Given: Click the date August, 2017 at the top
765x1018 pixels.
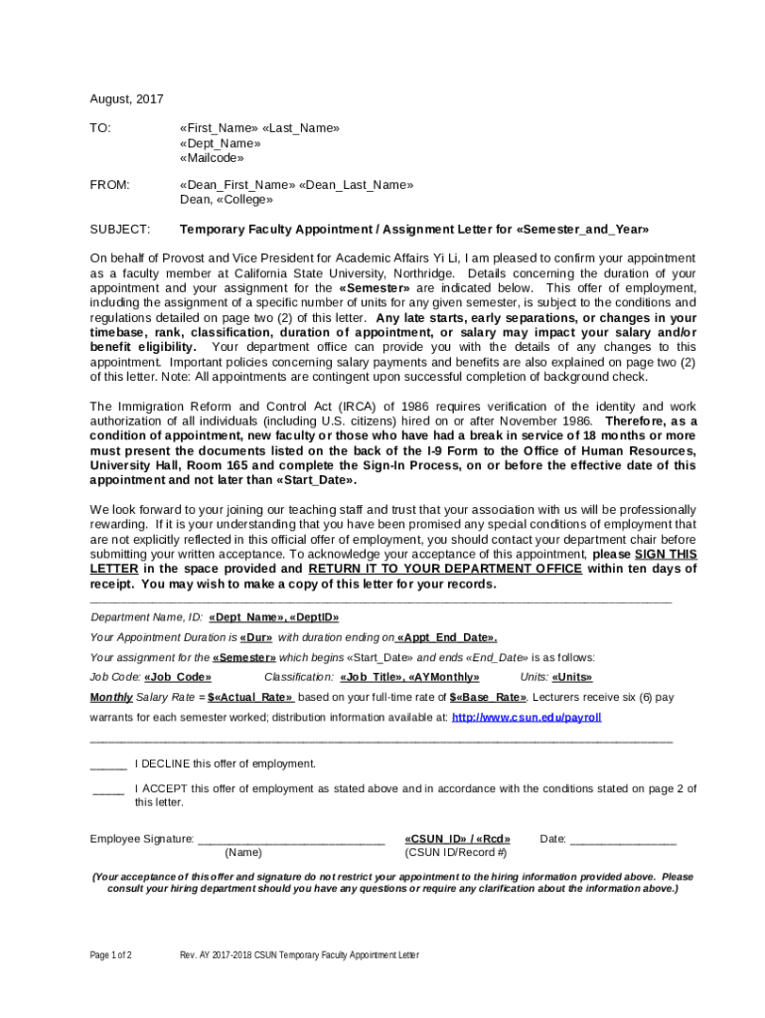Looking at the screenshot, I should pyautogui.click(x=127, y=99).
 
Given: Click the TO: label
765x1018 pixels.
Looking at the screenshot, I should pyautogui.click(x=100, y=128).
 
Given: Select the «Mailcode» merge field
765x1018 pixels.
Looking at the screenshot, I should pyautogui.click(x=212, y=157).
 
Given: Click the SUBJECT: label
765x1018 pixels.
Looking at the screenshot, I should pyautogui.click(x=119, y=230).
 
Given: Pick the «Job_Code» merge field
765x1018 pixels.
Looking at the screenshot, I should pyautogui.click(x=178, y=677).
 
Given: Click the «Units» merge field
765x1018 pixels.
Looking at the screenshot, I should pyautogui.click(x=572, y=677).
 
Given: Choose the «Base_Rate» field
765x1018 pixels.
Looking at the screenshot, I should pyautogui.click(x=488, y=697).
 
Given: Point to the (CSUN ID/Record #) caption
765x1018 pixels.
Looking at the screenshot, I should pyautogui.click(x=456, y=853).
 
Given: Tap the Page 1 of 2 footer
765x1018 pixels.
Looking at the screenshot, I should pyautogui.click(x=111, y=955).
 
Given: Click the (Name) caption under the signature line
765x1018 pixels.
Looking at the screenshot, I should pyautogui.click(x=243, y=853).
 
